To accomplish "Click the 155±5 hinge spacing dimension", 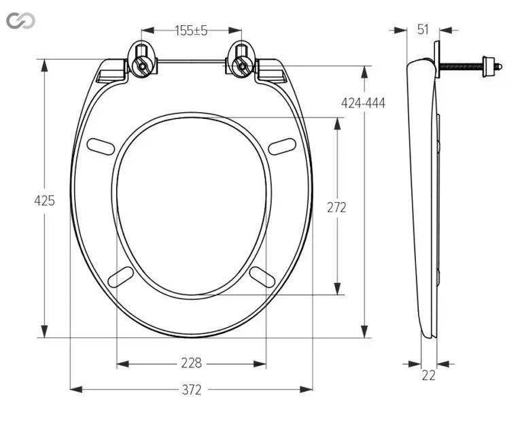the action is coord(191,31).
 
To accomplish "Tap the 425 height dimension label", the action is coord(44,201).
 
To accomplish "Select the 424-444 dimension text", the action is coord(363,103).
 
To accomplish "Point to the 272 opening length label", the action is coord(336,207).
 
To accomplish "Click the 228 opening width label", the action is coord(192,363).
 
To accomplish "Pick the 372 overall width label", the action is coord(192,389).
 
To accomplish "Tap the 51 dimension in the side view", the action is coord(423,30).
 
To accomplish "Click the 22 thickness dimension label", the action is coord(428,375).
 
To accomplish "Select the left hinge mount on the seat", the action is coord(143,59).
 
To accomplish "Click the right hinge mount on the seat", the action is coord(241,59).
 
